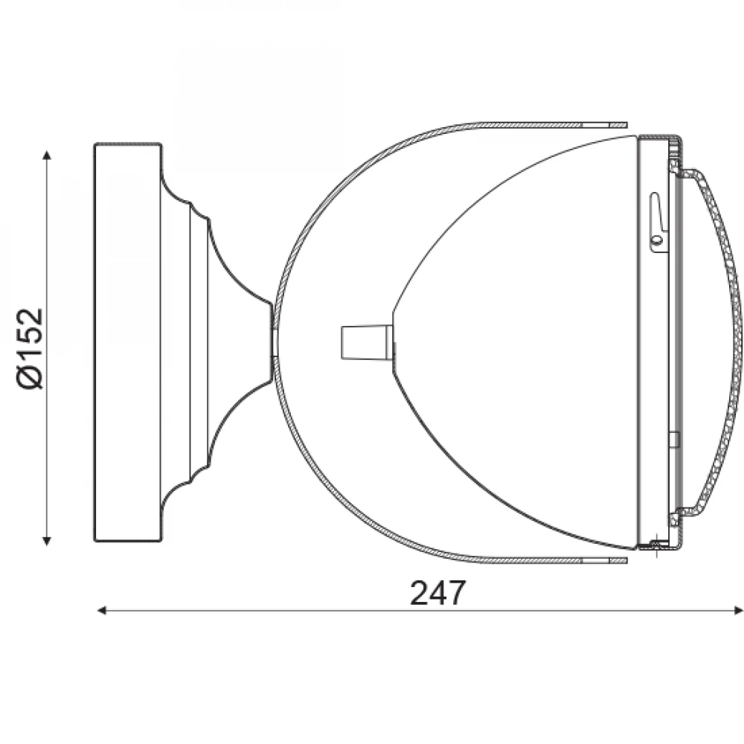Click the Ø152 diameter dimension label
tap(31, 348)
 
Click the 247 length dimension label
tap(438, 593)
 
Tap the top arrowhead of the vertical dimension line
tap(46, 155)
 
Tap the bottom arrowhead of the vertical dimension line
tap(46, 540)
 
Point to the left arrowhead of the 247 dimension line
tap(101, 610)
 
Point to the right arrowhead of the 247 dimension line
tap(738, 610)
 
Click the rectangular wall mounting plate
tap(128, 342)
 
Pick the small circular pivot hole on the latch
tap(657, 240)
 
